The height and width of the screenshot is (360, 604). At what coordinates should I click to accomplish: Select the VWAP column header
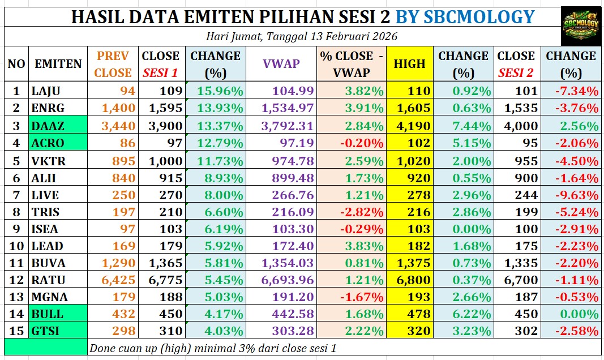pos(281,64)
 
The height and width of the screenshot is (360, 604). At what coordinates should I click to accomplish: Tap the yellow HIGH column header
pos(409,64)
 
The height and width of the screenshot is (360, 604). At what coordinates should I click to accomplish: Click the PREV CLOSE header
pos(113,64)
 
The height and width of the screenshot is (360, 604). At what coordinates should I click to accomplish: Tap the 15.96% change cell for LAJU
pos(220,91)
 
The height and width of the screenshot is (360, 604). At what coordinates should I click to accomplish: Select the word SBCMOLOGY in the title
pos(465,16)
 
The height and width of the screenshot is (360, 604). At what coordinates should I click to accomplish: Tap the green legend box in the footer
pos(45,346)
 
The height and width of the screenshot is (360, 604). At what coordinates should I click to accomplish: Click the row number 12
pos(16,280)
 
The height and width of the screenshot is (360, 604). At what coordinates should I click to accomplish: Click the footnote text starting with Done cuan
pos(213,348)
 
